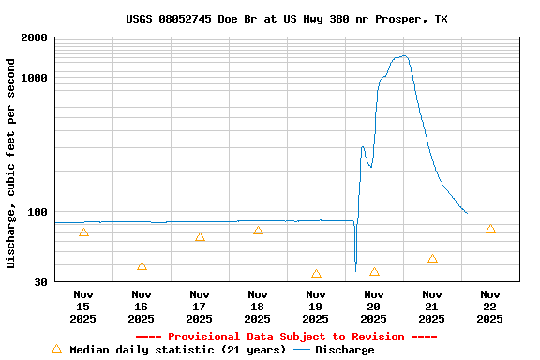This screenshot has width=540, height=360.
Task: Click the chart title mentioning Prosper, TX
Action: click(286, 19)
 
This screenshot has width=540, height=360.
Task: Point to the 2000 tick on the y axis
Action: click(36, 37)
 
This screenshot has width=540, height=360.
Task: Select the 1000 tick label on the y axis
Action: click(36, 78)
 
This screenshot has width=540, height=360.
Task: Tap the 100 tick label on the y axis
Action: click(38, 212)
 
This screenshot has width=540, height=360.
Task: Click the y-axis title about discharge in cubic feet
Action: click(11, 163)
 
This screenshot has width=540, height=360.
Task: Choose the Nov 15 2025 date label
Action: click(83, 307)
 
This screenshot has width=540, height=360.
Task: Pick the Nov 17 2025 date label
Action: click(200, 307)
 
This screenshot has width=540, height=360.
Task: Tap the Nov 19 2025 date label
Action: click(316, 307)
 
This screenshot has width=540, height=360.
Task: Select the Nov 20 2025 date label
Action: click(374, 307)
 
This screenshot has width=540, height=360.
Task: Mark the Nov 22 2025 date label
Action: click(490, 307)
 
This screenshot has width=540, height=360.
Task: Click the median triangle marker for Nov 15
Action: click(83, 232)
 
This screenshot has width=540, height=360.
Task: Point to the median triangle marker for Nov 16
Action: click(142, 266)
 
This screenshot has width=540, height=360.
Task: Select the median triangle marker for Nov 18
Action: click(258, 230)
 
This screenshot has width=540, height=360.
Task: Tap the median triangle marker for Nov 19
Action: click(316, 274)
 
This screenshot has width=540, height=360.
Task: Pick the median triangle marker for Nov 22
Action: click(490, 229)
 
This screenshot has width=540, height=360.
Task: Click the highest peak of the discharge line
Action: click(403, 56)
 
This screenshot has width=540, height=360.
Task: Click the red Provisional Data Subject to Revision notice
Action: click(286, 337)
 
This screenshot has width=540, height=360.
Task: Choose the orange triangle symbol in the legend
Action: click(56, 349)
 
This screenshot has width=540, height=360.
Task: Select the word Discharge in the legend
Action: click(344, 350)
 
